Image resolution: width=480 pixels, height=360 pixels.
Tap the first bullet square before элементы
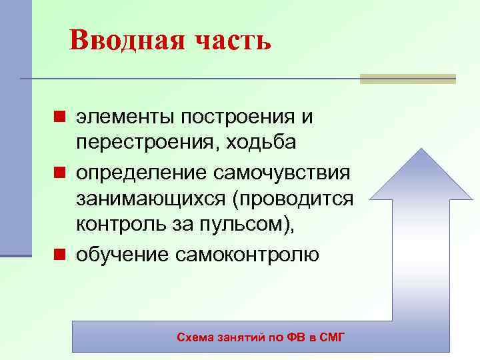click(x=59, y=117)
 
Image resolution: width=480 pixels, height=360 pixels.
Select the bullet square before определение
click(x=59, y=173)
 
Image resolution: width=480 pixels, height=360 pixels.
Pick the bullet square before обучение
click(x=59, y=255)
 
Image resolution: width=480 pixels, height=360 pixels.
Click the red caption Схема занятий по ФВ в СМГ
click(x=261, y=337)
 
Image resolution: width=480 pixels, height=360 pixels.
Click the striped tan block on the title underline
click(x=407, y=79)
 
